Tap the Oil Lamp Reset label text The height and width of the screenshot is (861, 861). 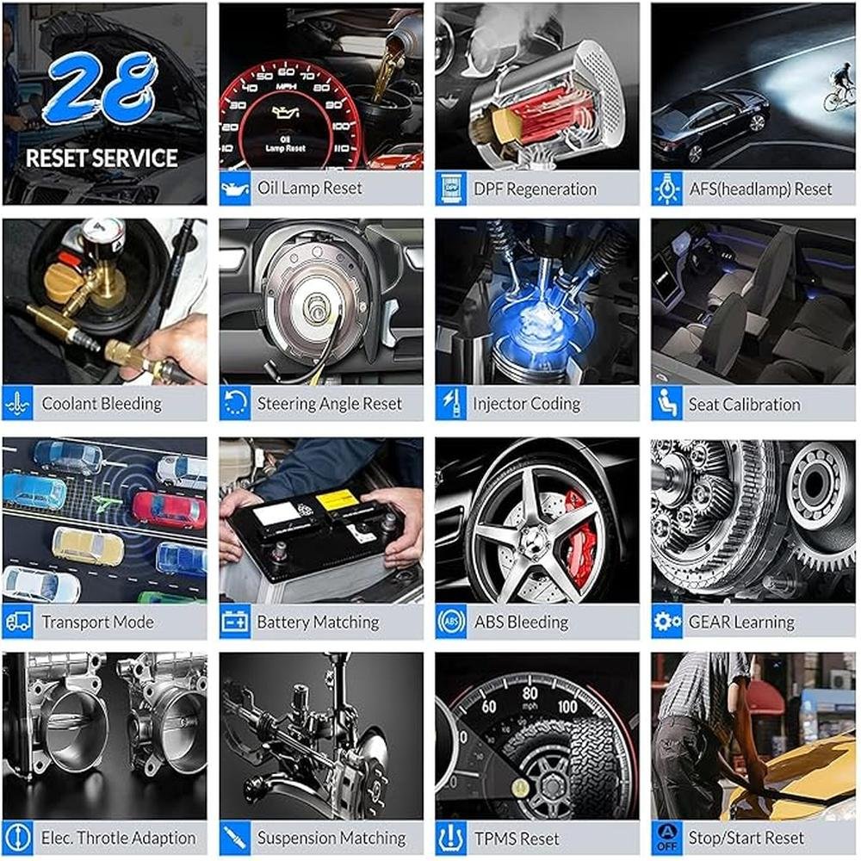point(310,189)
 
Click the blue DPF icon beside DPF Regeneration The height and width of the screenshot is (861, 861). point(451,189)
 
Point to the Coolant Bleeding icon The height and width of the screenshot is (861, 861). point(17,404)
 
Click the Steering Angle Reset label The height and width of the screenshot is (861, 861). point(330,404)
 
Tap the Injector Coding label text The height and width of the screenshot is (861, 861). point(527,404)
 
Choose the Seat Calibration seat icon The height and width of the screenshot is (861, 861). point(667,404)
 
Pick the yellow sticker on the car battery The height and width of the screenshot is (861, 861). point(336,500)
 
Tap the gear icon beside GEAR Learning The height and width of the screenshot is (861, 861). point(667,622)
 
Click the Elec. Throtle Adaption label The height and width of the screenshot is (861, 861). point(119,838)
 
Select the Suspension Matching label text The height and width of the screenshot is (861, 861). point(331,838)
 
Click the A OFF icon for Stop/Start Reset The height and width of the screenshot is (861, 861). point(667,838)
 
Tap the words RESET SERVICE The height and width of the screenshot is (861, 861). point(102,158)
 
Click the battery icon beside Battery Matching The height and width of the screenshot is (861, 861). point(235,622)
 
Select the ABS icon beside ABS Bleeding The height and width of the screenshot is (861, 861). point(451,622)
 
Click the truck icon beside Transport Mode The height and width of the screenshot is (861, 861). point(17,622)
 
